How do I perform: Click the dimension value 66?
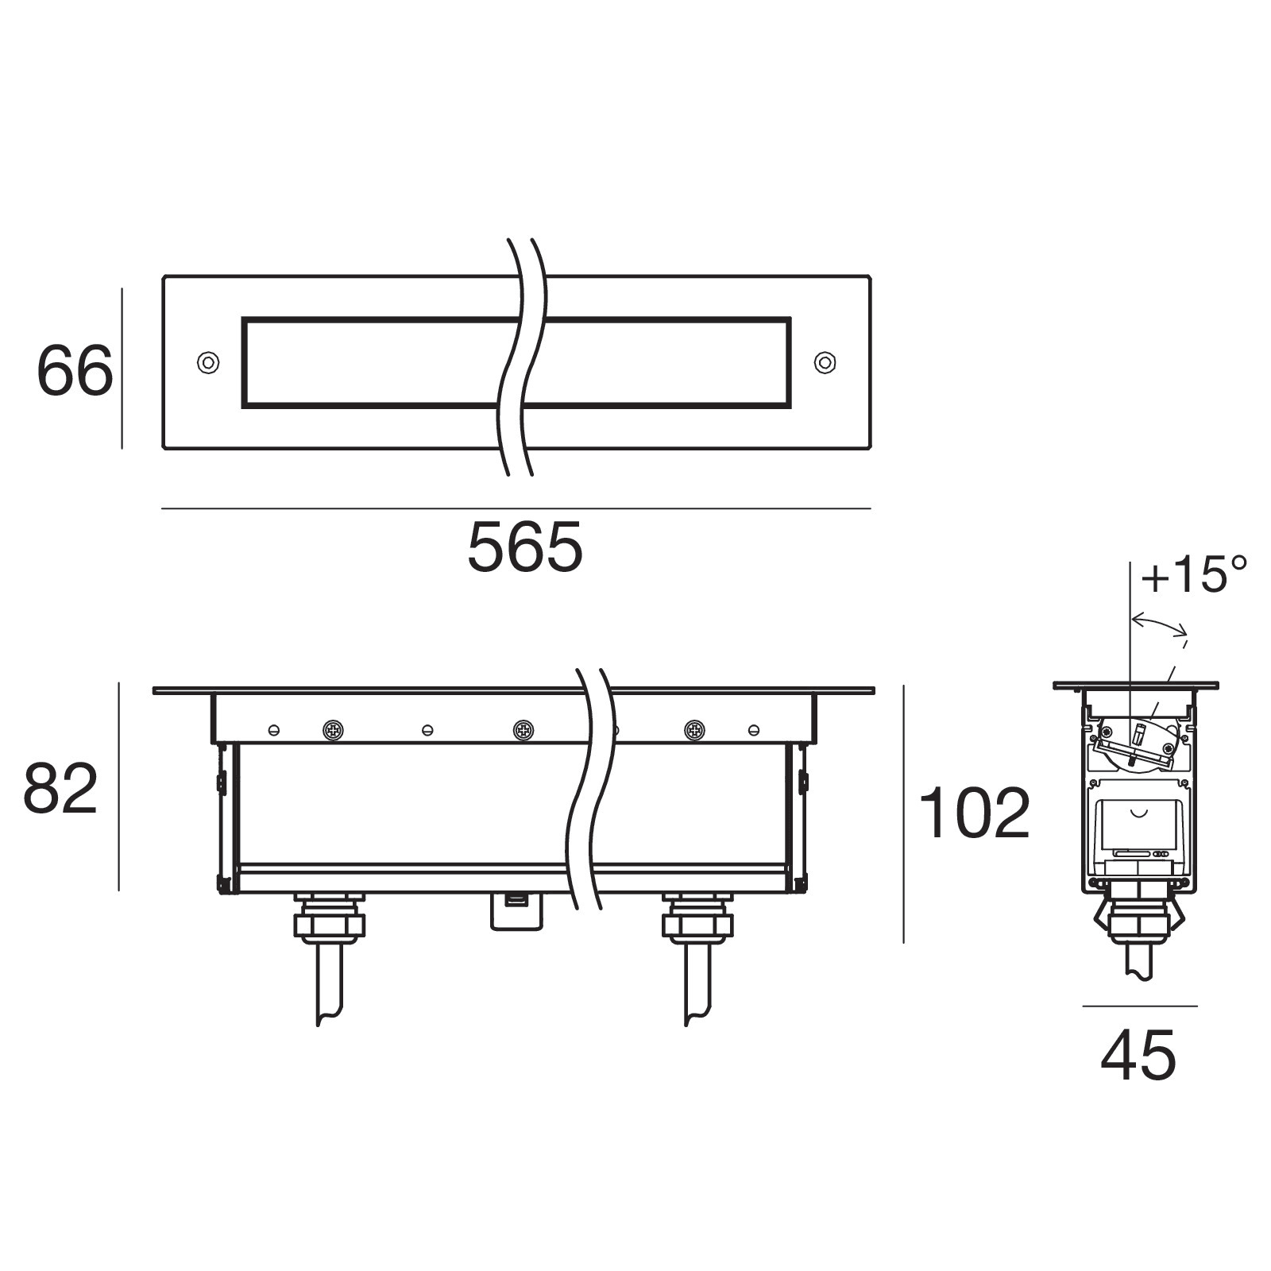[x=75, y=371]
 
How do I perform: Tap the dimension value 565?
[x=525, y=547]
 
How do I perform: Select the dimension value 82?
[x=60, y=788]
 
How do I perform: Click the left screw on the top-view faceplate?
[x=208, y=362]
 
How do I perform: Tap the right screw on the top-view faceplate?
[x=825, y=362]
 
